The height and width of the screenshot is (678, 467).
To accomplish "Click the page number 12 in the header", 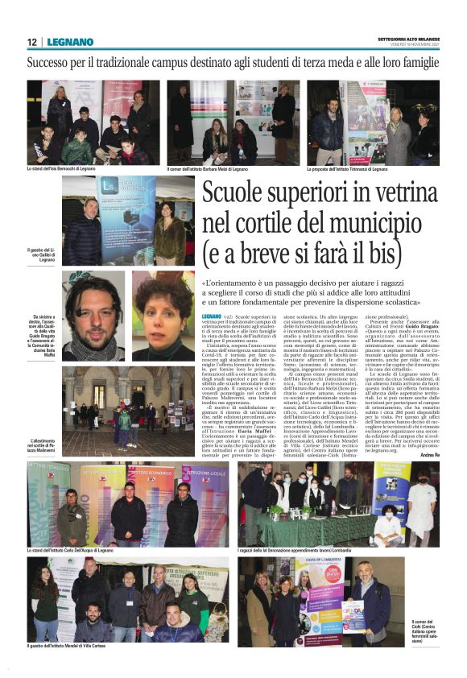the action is click(x=31, y=43).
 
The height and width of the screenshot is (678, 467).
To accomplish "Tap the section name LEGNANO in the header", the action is click(x=70, y=43).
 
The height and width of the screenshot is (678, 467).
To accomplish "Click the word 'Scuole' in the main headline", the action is click(x=238, y=193).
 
